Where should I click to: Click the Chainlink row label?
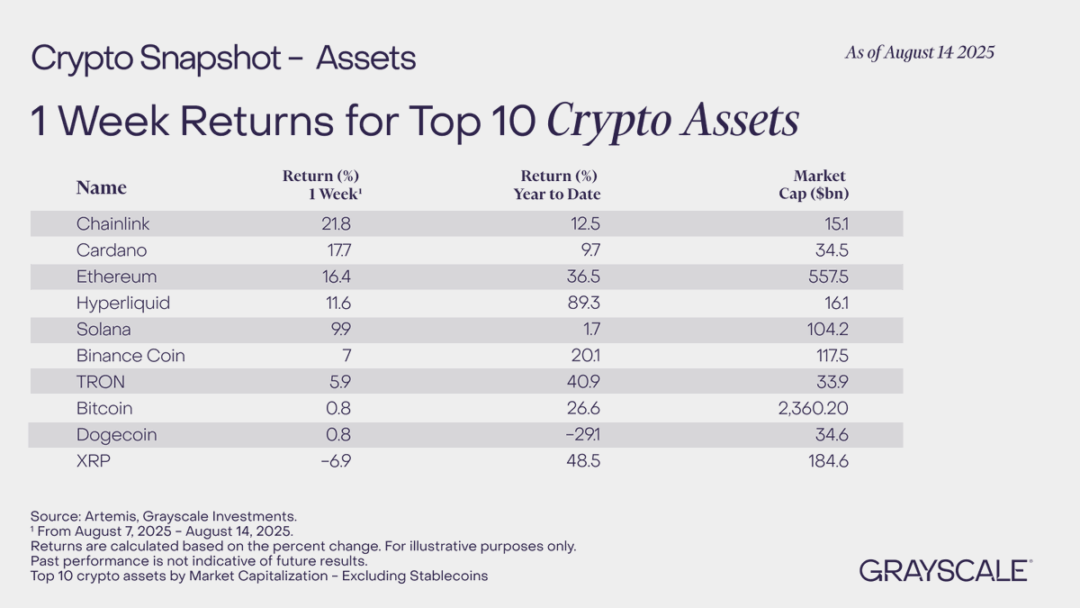click(x=114, y=223)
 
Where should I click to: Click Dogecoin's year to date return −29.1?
click(x=576, y=435)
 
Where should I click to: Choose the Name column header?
click(x=101, y=187)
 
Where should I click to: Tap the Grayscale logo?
click(x=944, y=570)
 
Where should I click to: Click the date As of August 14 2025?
click(x=919, y=52)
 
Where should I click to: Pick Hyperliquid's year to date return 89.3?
click(x=580, y=304)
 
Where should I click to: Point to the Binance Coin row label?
click(x=130, y=356)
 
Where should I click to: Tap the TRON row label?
click(x=101, y=382)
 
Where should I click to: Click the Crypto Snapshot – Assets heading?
click(x=223, y=59)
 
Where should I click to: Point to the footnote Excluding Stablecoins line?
click(x=259, y=576)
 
